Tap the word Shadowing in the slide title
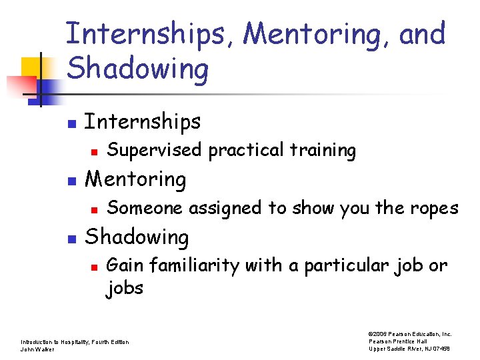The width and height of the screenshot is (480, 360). (x=138, y=68)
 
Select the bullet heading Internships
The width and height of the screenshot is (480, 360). (x=143, y=121)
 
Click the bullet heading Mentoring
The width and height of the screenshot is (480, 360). (x=136, y=179)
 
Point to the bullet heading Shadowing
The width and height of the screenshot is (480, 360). (x=137, y=237)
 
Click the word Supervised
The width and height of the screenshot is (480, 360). (x=155, y=151)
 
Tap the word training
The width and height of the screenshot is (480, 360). (x=325, y=151)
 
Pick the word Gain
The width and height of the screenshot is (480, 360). (x=125, y=265)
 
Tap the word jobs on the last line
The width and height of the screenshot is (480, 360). (x=125, y=289)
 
